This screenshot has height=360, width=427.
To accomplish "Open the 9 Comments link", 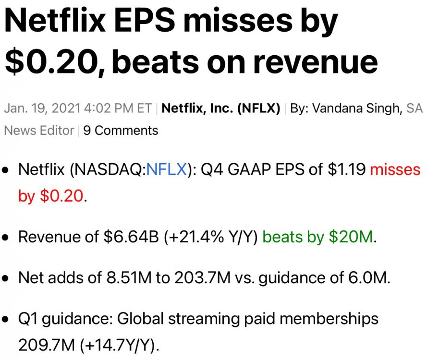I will point(121,130).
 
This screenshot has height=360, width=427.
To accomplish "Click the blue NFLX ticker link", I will point(166,169).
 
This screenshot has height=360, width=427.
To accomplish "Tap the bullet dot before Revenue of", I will point(7,238).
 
